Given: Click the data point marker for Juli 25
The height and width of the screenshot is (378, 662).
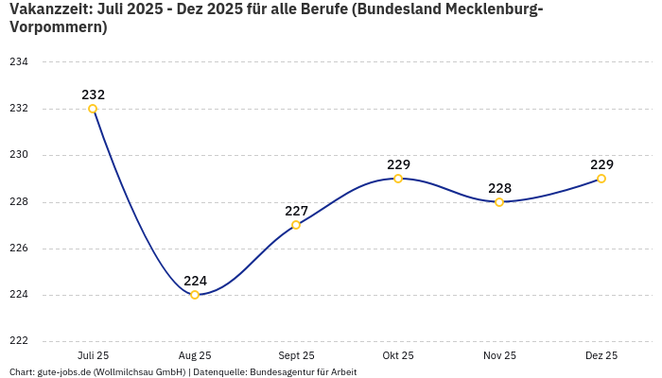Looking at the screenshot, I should pyautogui.click(x=93, y=109).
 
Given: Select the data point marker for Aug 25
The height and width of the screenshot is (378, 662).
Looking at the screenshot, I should pyautogui.click(x=195, y=295).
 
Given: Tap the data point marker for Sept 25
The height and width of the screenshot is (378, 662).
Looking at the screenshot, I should pyautogui.click(x=296, y=225).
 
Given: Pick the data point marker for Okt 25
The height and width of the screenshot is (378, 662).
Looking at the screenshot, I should pyautogui.click(x=398, y=179).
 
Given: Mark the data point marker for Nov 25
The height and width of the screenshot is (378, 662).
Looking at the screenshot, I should pyautogui.click(x=499, y=202).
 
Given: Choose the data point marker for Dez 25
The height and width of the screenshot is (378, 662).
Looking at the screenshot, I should pyautogui.click(x=601, y=179).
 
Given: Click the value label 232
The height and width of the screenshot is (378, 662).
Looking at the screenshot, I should pyautogui.click(x=93, y=94).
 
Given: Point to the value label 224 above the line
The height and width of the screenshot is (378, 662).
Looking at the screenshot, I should pyautogui.click(x=195, y=281).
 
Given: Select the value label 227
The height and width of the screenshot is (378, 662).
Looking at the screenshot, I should pyautogui.click(x=296, y=211).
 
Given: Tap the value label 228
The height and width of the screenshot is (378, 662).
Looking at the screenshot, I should pyautogui.click(x=499, y=188).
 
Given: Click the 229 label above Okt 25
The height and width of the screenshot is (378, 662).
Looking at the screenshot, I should pyautogui.click(x=398, y=164).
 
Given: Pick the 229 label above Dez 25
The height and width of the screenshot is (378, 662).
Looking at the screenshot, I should pyautogui.click(x=601, y=164).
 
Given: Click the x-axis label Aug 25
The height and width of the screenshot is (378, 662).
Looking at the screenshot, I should pyautogui.click(x=195, y=355).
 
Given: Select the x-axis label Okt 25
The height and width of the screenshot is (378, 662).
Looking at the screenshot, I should pyautogui.click(x=398, y=355).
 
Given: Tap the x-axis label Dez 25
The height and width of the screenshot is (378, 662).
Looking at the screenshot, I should pyautogui.click(x=601, y=355).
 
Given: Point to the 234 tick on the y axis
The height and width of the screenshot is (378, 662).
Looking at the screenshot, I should pyautogui.click(x=19, y=62).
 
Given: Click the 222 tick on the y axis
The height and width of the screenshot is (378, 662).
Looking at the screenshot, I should pyautogui.click(x=19, y=341).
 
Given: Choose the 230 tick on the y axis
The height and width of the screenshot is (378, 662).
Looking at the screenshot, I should pyautogui.click(x=19, y=155).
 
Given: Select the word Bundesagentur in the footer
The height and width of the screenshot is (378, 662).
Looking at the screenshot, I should pyautogui.click(x=280, y=372).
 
